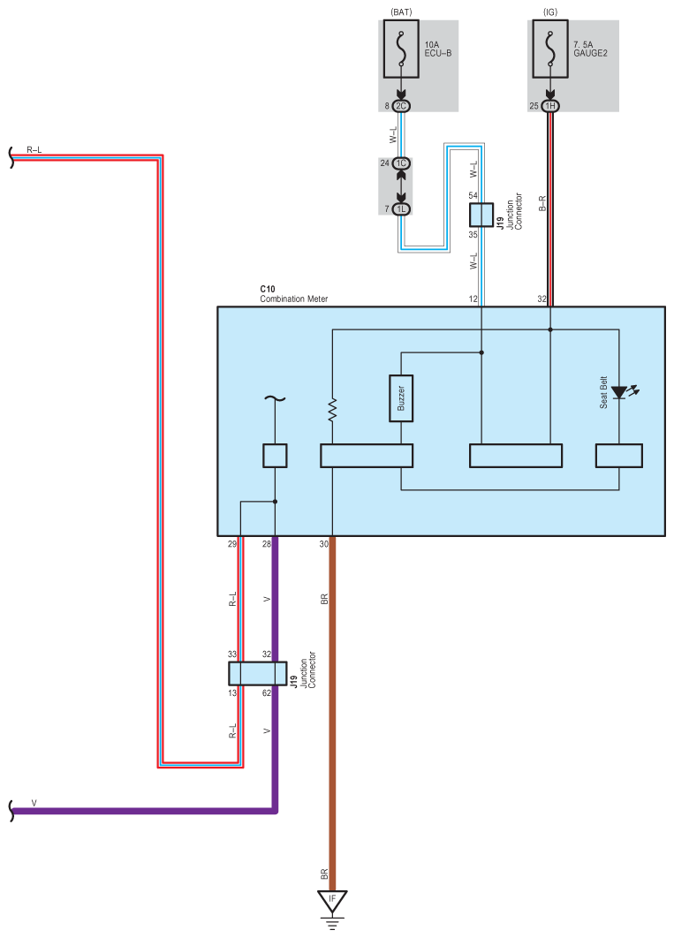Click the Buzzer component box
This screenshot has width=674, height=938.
click(x=401, y=397)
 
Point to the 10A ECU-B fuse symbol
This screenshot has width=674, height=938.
click(x=401, y=49)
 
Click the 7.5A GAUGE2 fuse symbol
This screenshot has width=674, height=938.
click(x=550, y=49)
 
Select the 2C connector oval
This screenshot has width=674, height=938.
click(x=401, y=106)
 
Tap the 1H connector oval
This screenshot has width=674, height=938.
click(x=550, y=106)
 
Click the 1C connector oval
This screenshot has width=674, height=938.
click(x=401, y=163)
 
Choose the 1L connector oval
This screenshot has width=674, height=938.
click(x=401, y=208)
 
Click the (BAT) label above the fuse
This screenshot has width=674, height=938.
click(x=401, y=12)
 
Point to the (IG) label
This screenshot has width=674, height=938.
click(x=550, y=12)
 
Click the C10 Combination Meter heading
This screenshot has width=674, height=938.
click(x=293, y=294)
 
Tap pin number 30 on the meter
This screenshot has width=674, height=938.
click(x=323, y=544)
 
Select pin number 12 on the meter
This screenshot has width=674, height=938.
click(x=473, y=299)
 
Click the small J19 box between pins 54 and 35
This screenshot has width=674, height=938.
click(x=481, y=215)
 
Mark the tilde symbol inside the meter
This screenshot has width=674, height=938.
click(x=275, y=399)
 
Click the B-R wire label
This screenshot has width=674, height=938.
click(x=542, y=203)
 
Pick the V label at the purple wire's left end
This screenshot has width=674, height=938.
click(x=34, y=804)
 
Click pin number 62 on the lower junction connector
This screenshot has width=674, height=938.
click(x=267, y=693)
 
